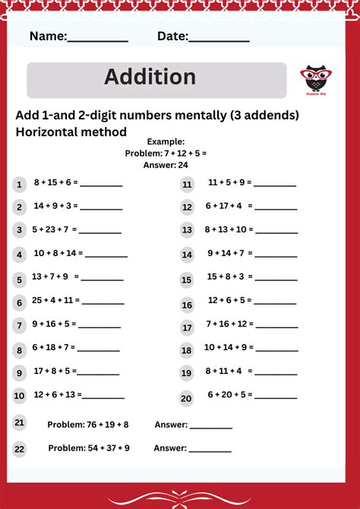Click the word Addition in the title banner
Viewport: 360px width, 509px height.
[150, 77]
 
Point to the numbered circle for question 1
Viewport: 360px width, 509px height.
[20, 185]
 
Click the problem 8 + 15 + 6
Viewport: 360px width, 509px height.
[55, 183]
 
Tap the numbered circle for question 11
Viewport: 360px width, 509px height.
[187, 185]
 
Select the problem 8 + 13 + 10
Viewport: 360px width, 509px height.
[229, 229]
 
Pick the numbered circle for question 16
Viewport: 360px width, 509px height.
[187, 305]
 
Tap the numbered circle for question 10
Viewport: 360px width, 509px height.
[20, 396]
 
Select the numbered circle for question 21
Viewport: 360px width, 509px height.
[20, 422]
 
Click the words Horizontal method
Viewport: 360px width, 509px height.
[71, 131]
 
